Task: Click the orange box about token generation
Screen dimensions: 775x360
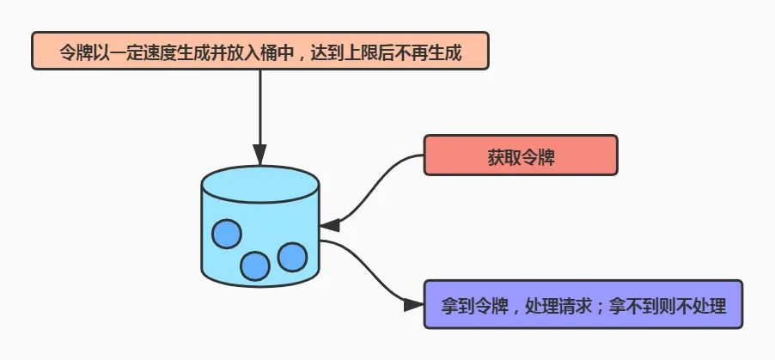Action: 260,51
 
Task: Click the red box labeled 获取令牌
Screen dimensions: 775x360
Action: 521,155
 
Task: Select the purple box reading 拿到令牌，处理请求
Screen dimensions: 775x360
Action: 583,304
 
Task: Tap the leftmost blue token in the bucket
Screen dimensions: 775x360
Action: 226,234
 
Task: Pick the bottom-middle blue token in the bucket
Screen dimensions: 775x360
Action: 255,266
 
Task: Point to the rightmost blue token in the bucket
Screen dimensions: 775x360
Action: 292,257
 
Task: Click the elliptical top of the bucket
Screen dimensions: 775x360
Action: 260,185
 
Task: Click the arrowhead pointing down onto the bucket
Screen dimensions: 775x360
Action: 260,156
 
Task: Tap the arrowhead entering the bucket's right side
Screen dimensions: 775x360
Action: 330,225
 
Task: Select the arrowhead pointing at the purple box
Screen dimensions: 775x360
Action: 413,305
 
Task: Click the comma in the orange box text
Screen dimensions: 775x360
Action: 300,55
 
